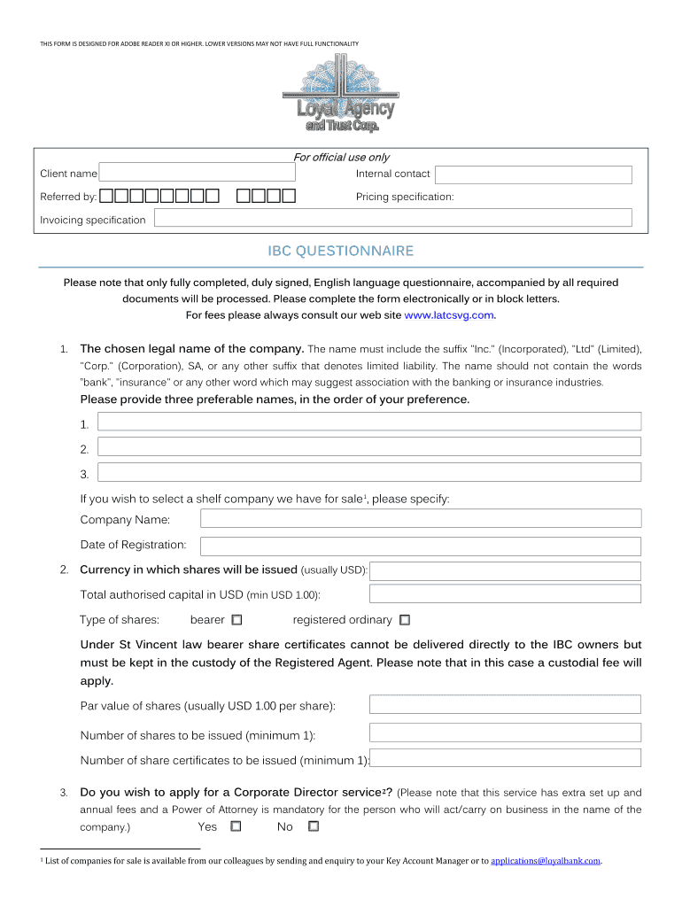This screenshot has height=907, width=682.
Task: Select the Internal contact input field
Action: click(533, 174)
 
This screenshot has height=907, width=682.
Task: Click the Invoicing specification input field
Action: click(393, 218)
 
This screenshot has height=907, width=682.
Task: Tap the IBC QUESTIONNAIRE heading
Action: click(341, 252)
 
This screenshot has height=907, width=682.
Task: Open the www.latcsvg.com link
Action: click(448, 315)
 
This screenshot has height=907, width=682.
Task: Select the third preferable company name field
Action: click(368, 472)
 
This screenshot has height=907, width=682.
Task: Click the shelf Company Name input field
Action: click(421, 518)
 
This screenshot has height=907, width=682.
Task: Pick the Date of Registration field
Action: click(421, 546)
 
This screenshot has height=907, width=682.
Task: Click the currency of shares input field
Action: click(505, 570)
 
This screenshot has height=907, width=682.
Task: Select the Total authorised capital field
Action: click(505, 593)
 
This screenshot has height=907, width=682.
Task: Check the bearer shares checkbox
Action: click(236, 620)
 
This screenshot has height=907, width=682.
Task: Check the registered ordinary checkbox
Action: click(405, 620)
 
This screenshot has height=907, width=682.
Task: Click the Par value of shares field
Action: click(505, 705)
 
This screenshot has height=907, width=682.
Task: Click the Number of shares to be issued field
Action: click(505, 733)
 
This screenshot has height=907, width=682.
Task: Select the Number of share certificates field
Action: click(505, 758)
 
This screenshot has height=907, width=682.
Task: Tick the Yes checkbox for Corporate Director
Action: click(236, 826)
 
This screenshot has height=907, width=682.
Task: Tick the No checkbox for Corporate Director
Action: click(313, 826)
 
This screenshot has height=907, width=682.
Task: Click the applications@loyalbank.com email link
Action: click(546, 860)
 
